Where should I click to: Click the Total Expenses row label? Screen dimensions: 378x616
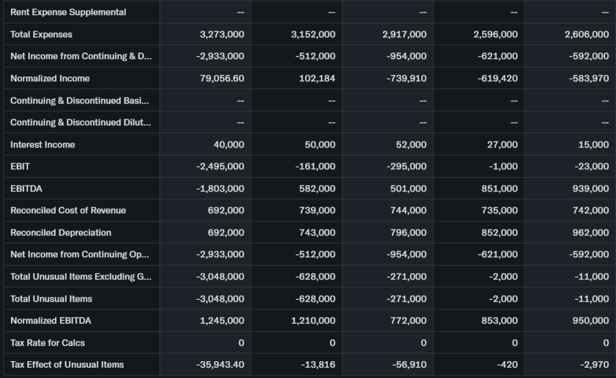click(41, 34)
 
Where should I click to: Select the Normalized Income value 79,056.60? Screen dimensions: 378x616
click(221, 78)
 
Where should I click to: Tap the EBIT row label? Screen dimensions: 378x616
click(20, 166)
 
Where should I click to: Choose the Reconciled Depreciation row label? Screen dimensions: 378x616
click(61, 232)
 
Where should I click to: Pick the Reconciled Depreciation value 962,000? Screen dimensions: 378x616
click(589, 232)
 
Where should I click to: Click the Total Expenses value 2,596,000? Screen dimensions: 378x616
click(496, 34)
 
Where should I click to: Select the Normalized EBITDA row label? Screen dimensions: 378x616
click(51, 321)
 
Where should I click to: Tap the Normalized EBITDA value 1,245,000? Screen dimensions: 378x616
click(222, 321)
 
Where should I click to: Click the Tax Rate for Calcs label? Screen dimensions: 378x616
click(48, 343)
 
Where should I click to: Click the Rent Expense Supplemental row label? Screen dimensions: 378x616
click(68, 12)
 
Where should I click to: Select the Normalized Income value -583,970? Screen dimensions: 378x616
click(589, 78)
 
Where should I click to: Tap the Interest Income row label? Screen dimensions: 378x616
click(43, 144)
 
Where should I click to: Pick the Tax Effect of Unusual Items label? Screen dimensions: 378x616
click(67, 365)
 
